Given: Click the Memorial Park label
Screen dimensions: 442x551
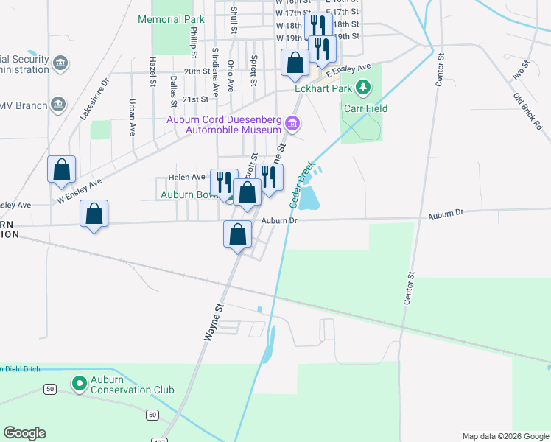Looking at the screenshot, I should (x=171, y=19).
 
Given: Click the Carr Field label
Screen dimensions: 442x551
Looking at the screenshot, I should (x=365, y=108).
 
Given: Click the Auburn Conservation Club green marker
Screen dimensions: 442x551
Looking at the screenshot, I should (x=79, y=384).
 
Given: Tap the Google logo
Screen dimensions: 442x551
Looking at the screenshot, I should (x=25, y=433).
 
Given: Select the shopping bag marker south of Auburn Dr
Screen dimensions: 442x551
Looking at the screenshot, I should (x=238, y=235).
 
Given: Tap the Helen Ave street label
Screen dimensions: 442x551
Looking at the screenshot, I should (x=186, y=178).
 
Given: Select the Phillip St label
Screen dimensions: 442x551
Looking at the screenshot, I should (x=194, y=43).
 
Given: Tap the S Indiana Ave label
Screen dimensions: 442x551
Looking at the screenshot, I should (x=215, y=73).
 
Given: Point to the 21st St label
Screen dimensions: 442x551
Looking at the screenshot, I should (x=196, y=99).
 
